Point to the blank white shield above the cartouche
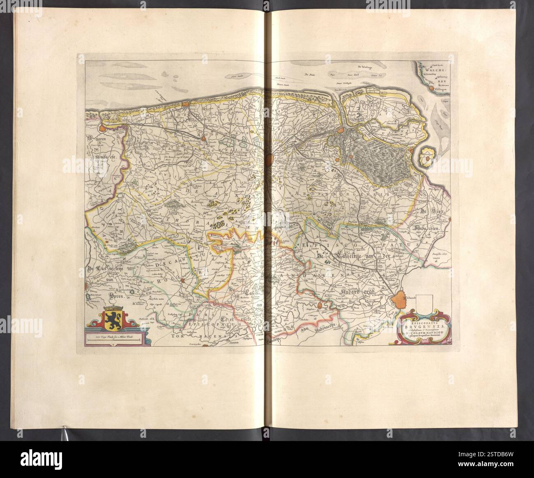click(x=424, y=304)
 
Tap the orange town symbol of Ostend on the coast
click(x=187, y=104)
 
